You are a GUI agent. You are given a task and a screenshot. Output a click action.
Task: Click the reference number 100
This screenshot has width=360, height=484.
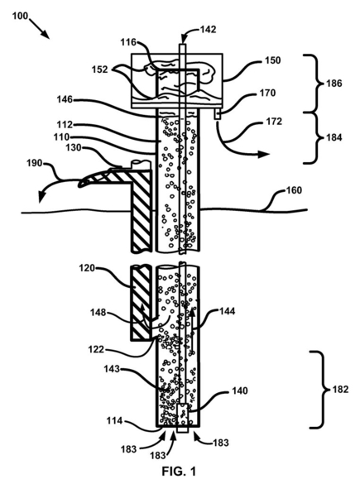(20, 16)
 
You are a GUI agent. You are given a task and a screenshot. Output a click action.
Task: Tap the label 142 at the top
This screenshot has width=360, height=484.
(209, 29)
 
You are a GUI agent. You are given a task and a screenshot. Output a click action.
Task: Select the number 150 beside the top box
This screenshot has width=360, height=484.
(273, 60)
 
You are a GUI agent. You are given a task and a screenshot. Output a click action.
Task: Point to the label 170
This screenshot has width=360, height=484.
(267, 93)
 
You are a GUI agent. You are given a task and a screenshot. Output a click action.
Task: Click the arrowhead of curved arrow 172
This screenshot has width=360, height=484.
(264, 154)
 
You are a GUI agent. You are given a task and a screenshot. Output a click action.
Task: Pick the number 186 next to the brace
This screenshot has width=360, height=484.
(334, 84)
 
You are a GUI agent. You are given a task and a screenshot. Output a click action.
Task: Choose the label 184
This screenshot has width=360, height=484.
(334, 137)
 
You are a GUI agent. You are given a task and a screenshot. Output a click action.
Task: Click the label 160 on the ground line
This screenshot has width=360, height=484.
(294, 190)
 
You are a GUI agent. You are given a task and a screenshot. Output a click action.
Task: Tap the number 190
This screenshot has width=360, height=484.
(35, 163)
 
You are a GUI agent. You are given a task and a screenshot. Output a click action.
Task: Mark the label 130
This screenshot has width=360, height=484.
(74, 147)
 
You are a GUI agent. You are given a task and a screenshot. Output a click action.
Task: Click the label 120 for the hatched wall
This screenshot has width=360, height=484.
(87, 268)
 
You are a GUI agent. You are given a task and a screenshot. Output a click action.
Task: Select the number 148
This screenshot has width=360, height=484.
(98, 313)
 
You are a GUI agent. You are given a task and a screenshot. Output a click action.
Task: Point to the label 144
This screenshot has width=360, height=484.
(228, 311)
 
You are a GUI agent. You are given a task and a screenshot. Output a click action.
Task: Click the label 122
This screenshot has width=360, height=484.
(96, 349)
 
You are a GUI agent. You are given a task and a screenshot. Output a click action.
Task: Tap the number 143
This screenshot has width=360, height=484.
(112, 368)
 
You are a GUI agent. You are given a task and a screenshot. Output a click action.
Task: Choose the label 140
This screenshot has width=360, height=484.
(240, 391)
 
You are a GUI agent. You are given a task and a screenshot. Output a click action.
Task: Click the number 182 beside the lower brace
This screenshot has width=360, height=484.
(340, 390)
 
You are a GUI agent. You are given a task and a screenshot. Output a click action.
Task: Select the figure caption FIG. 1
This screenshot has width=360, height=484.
(179, 472)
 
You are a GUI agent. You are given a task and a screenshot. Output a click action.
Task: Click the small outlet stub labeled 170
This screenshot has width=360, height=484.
(218, 116)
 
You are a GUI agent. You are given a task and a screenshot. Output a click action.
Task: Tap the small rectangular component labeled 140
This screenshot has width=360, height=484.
(183, 415)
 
